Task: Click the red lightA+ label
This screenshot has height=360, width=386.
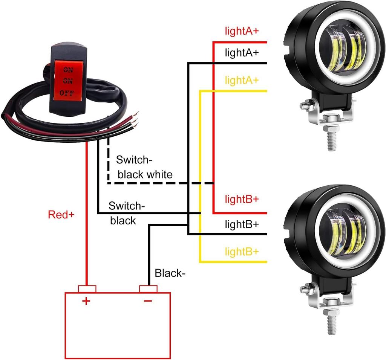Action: click(242, 31)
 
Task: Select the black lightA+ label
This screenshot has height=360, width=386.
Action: click(242, 52)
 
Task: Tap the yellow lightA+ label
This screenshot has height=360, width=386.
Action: click(242, 80)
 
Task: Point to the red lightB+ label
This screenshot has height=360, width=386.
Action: click(242, 199)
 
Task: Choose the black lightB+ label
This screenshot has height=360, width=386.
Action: click(242, 224)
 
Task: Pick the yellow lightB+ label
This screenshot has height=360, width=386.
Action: click(242, 252)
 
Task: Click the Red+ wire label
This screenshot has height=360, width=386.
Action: click(61, 215)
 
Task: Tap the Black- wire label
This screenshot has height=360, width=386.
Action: click(170, 273)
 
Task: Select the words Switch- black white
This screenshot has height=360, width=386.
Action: click(144, 167)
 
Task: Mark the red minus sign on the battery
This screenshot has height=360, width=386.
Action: click(148, 301)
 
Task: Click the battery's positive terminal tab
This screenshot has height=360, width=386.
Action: click(87, 289)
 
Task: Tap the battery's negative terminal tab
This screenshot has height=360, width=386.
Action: click(148, 289)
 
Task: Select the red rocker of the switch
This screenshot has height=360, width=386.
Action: click(68, 81)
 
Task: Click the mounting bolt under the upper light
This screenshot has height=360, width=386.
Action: click(332, 136)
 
